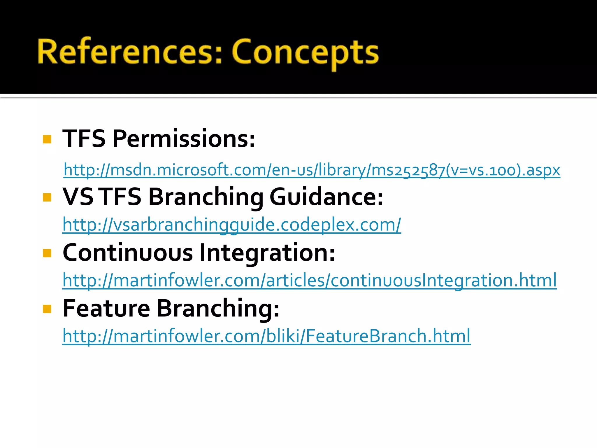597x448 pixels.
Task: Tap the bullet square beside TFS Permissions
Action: coord(47,139)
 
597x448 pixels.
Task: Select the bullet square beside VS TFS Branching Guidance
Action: coord(47,197)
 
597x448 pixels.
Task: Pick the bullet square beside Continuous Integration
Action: coord(47,253)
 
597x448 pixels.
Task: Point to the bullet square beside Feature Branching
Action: coord(47,309)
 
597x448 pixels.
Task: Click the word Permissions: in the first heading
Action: coord(184,139)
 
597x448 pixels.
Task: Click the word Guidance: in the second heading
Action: coord(326,197)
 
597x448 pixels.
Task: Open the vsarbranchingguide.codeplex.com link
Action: coord(232,225)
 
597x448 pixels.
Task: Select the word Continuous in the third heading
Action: coord(128,253)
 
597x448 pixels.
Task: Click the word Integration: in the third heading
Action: coord(267,253)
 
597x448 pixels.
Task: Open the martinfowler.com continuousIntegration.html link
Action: coord(310,280)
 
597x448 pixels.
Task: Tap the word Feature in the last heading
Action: coord(106,309)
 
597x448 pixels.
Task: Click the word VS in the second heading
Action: coord(78,197)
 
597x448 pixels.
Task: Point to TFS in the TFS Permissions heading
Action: coord(84,139)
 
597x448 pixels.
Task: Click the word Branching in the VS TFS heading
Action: coord(206,197)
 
